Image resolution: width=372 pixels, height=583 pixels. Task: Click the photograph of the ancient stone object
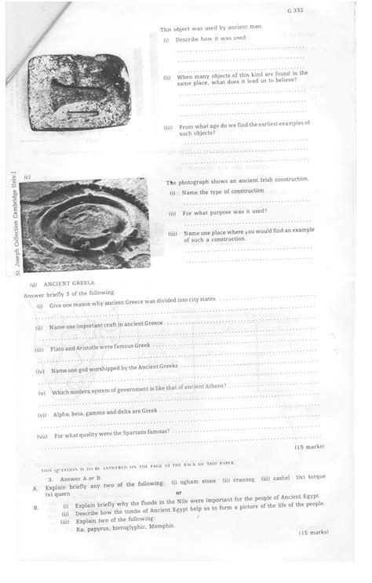click(x=78, y=92)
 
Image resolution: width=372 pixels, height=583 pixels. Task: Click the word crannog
click(x=245, y=479)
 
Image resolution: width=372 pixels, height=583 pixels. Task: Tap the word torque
click(x=316, y=477)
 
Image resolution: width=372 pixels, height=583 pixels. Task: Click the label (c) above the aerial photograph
click(x=28, y=177)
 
